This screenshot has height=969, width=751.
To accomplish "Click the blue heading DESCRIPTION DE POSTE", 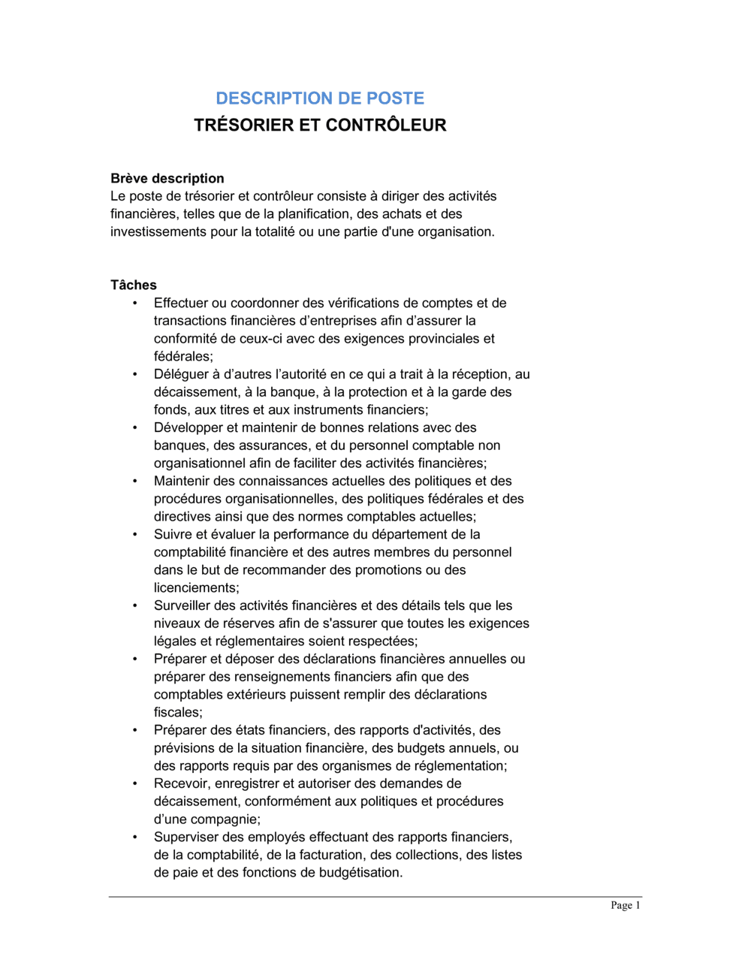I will coord(320,98).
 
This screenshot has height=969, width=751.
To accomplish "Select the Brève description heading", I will coord(167,179).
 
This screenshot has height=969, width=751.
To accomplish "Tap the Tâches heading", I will coord(134,285).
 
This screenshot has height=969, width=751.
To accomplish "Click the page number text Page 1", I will coord(625,905).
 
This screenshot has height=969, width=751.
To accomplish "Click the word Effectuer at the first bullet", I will coord(181,303).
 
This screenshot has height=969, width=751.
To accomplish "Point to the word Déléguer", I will coord(181,374).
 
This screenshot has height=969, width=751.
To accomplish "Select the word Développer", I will coord(189,427).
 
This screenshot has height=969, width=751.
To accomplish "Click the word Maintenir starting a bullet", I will coord(181,481).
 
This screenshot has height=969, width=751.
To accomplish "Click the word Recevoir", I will coord(182,783).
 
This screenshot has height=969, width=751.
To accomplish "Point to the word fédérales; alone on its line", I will coord(183,357).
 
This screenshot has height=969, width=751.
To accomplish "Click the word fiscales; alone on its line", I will coord(178,712).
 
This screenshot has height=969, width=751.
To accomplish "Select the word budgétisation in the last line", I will coord(360,873).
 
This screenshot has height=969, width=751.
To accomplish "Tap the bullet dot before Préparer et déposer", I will coord(135,660).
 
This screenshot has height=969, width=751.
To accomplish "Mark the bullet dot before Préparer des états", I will coord(135,730).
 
